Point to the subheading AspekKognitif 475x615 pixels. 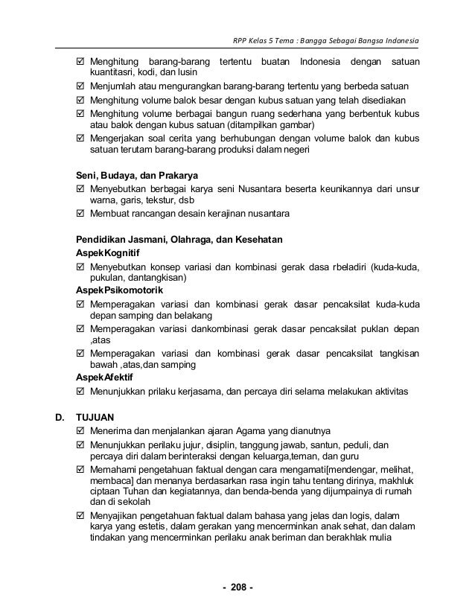coord(108,254)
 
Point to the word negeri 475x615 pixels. coord(296,149)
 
